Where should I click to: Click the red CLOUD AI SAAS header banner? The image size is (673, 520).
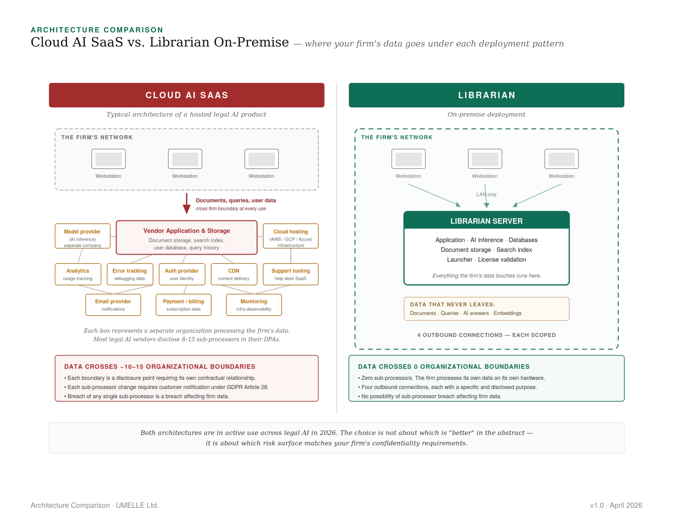click(186, 95)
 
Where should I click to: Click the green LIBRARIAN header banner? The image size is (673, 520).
click(486, 95)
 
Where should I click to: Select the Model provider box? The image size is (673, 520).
click(82, 236)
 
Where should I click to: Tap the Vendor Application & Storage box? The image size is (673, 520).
click(186, 237)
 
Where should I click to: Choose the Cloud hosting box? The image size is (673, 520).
click(290, 236)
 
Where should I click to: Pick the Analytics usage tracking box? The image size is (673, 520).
click(78, 274)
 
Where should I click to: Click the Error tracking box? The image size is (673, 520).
click(129, 274)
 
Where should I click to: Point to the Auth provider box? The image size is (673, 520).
click(181, 274)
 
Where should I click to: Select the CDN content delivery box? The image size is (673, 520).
click(234, 274)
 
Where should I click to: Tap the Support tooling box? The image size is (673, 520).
click(290, 274)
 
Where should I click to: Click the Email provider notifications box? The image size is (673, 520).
click(113, 305)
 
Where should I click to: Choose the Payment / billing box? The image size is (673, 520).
click(183, 305)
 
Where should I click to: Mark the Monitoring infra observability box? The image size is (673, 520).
click(254, 305)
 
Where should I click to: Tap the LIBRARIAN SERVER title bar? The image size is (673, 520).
click(486, 221)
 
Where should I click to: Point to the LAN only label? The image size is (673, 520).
click(486, 194)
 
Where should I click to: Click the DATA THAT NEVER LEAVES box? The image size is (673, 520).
click(486, 309)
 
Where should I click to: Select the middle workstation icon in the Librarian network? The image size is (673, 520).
click(485, 159)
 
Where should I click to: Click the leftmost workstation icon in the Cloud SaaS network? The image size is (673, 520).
click(109, 159)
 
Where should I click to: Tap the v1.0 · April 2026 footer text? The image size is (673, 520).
click(616, 505)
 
